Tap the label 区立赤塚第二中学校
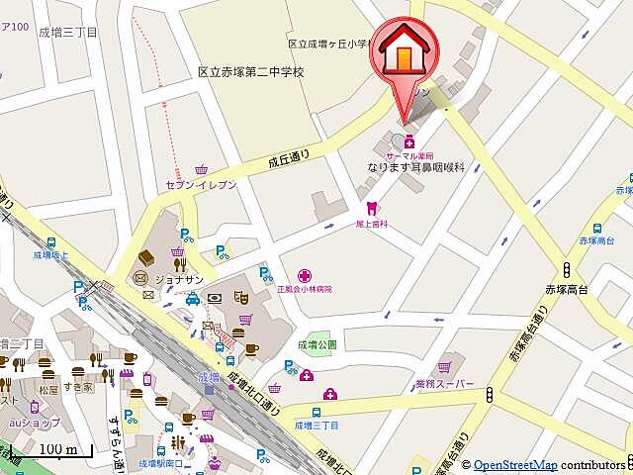pyautogui.click(x=250, y=72)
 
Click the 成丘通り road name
pyautogui.click(x=288, y=158)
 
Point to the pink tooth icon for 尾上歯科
pyautogui.click(x=371, y=208)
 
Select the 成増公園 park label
pyautogui.click(x=316, y=345)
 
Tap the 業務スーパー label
pyautogui.click(x=444, y=383)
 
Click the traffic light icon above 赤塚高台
pyautogui.click(x=567, y=268)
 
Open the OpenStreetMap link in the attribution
pyautogui.click(x=514, y=465)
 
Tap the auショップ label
pyautogui.click(x=31, y=422)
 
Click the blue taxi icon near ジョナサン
pyautogui.click(x=192, y=298)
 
